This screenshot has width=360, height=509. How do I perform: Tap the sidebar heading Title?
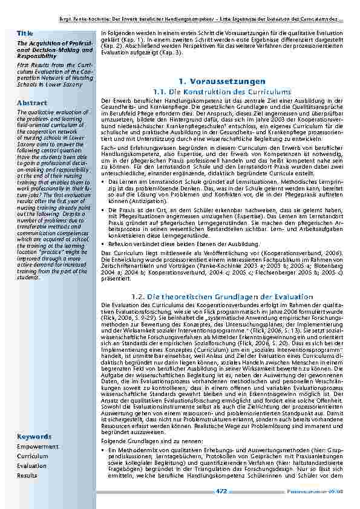pyautogui.click(x=25, y=33)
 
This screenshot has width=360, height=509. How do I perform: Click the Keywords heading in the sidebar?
pyautogui.click(x=34, y=436)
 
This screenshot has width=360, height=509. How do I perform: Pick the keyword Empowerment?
pyautogui.click(x=38, y=447)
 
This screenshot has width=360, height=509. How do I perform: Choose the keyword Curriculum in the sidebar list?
pyautogui.click(x=32, y=456)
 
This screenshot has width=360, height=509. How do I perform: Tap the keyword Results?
pyautogui.click(x=27, y=476)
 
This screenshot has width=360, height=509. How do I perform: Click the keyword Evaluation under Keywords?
pyautogui.click(x=31, y=466)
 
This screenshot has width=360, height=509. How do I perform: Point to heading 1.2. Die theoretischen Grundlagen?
pyautogui.click(x=222, y=297)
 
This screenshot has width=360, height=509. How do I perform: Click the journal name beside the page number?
pyautogui.click(x=324, y=492)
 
